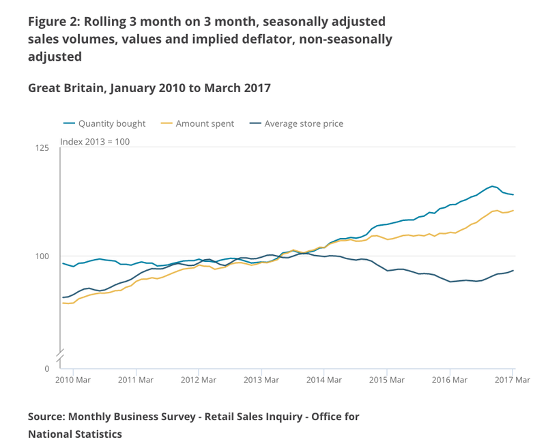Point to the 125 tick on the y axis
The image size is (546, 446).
pos(44,148)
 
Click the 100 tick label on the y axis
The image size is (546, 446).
pos(44,256)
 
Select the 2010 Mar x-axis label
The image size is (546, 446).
pos(73,379)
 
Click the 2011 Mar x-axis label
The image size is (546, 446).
pos(136,379)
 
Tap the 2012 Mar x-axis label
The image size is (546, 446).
pos(198,379)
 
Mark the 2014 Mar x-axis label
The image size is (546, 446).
pos(324,379)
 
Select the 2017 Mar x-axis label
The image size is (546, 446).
pos(512,379)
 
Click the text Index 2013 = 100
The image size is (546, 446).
pos(95,142)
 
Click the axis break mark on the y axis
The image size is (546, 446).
pos(60,355)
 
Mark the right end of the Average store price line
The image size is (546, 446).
pos(513,271)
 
